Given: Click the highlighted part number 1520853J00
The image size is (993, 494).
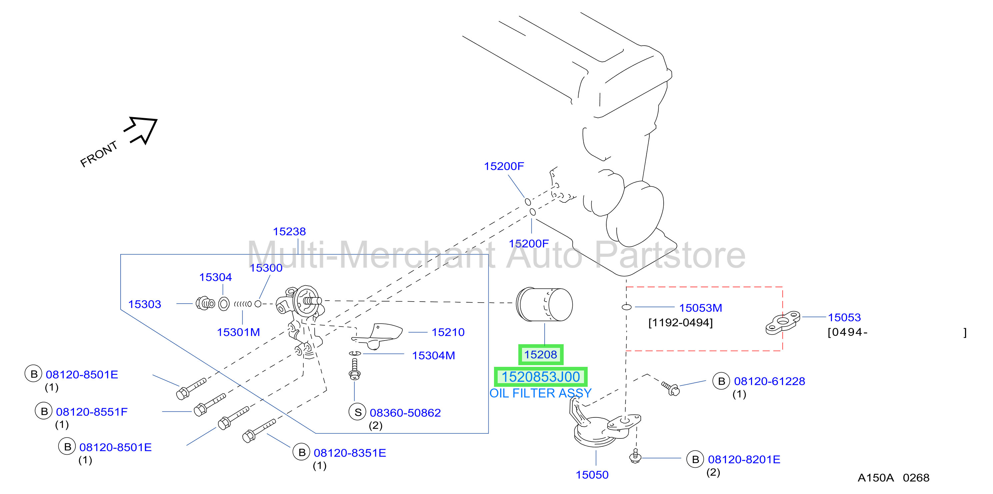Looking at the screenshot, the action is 540,377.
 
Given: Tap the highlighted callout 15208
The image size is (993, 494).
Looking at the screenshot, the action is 540,355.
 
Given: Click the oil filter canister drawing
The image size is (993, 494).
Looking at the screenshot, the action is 544,305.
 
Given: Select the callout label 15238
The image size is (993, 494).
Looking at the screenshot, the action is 289,231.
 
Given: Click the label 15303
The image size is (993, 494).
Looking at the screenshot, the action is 145,304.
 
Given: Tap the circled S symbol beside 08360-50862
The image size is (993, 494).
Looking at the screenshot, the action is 358,412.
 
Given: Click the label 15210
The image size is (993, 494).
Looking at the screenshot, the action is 448,332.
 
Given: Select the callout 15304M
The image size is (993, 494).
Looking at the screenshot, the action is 433,356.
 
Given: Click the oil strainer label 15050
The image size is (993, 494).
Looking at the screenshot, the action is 592,475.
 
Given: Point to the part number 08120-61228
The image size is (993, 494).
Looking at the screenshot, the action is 769,381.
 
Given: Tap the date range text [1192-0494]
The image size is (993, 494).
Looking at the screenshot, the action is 680,322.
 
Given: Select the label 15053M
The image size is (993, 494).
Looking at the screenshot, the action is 700,308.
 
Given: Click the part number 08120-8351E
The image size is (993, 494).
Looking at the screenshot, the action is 350,453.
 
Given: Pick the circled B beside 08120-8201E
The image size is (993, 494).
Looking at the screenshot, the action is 695,459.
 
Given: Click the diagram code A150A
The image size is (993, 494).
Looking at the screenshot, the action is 875,478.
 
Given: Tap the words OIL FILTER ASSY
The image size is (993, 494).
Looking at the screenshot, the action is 540,393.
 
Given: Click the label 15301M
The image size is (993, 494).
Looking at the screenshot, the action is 238,332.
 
